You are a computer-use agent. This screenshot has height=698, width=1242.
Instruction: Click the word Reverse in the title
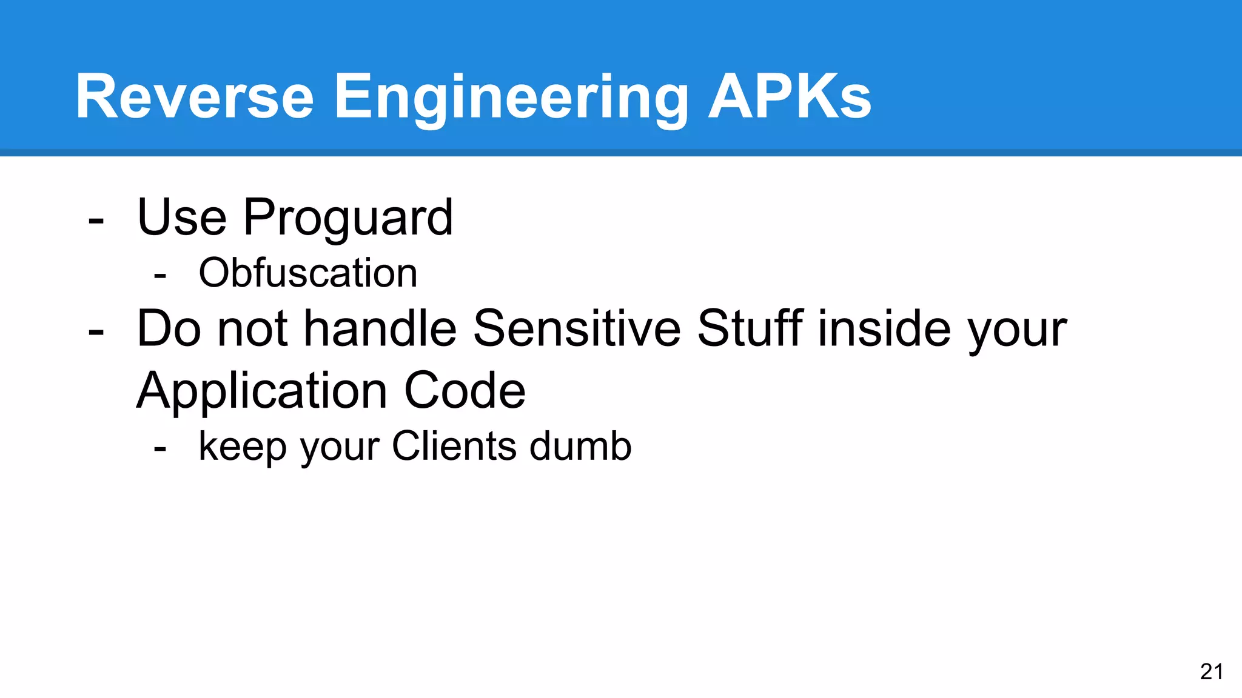[x=195, y=97]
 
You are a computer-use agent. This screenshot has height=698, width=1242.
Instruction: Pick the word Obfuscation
[x=308, y=273]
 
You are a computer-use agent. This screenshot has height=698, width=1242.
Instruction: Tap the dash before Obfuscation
[x=160, y=276]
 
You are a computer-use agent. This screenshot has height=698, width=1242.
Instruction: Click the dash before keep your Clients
[x=160, y=449]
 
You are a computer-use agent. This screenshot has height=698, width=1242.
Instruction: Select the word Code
[x=465, y=391]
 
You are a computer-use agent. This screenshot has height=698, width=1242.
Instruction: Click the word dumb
[x=580, y=447]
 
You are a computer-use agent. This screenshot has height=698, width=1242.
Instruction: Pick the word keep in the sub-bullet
[x=241, y=448]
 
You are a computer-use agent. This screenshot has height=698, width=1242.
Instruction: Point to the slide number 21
[x=1211, y=672]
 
